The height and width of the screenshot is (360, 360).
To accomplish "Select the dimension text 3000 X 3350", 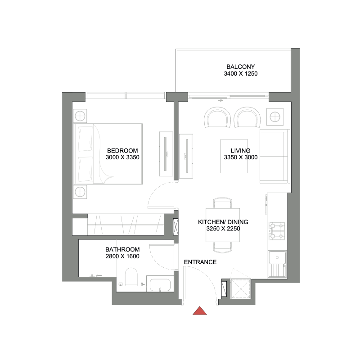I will [x=122, y=157].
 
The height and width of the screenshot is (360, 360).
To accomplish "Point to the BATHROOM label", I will [x=122, y=249].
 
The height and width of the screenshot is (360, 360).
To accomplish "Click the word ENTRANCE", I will [x=200, y=262].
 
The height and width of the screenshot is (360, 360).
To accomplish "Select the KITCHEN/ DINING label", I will [x=223, y=222].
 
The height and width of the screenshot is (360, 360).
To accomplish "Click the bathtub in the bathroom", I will [x=159, y=285].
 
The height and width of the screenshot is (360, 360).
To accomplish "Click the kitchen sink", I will [x=277, y=264].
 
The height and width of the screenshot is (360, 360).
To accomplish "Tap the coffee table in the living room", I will [x=235, y=156].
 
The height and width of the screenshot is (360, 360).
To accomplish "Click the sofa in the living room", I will [x=274, y=157].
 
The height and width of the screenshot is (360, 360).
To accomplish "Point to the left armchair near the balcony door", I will [x=218, y=117].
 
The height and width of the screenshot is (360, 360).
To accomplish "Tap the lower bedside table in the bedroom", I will [x=80, y=192].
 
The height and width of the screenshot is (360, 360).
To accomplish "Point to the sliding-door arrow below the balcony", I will [x=220, y=100].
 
